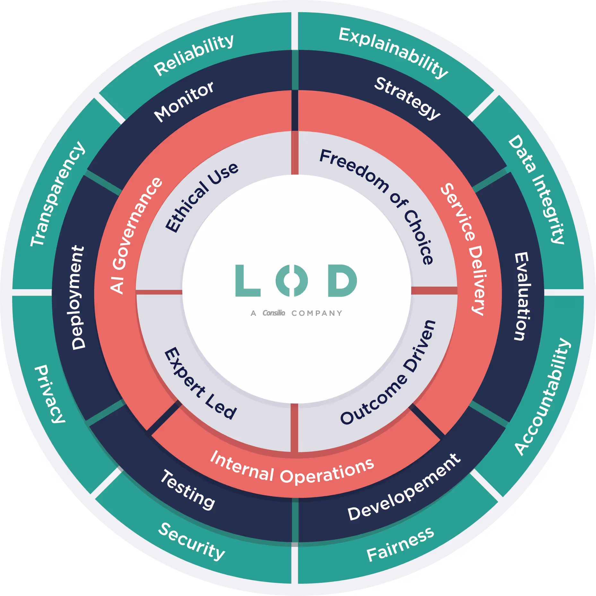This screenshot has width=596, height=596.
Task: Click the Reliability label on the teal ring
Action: point(194,55)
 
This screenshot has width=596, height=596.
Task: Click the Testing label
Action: point(188,489)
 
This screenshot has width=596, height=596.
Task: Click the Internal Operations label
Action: point(292,469)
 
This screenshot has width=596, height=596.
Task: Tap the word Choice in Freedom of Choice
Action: point(419,238)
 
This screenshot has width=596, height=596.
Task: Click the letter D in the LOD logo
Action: point(342,281)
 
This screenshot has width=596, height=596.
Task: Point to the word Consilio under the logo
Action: point(274,313)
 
